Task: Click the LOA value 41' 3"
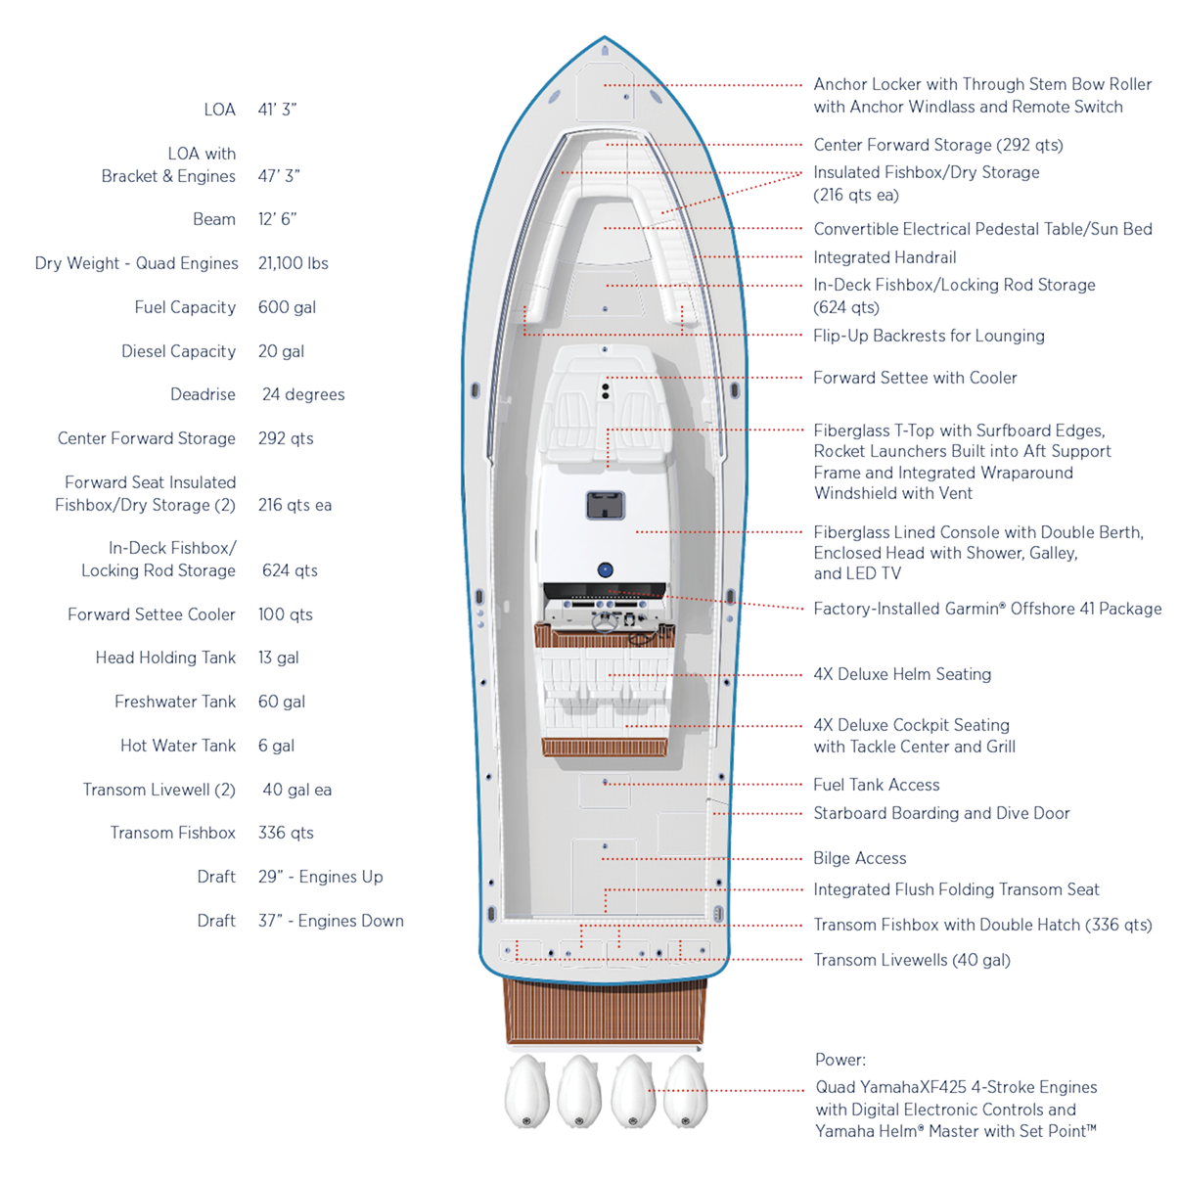(x=277, y=110)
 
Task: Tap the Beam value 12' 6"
(x=277, y=219)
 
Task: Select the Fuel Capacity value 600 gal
(x=287, y=307)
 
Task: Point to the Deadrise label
(x=203, y=394)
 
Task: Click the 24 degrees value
(x=303, y=394)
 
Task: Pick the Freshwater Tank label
(x=175, y=702)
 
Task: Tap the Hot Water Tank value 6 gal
(x=276, y=746)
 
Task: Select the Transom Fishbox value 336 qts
(x=286, y=833)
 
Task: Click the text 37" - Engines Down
(x=331, y=921)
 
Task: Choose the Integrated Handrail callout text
(x=885, y=257)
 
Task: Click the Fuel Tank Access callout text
(x=876, y=785)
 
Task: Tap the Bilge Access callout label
(x=859, y=858)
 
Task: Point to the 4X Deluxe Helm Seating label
(x=902, y=674)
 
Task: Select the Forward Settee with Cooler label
(x=915, y=378)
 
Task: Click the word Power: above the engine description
(x=840, y=1060)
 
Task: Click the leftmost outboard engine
(x=526, y=1090)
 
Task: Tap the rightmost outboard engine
(x=685, y=1090)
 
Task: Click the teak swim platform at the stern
(x=605, y=1011)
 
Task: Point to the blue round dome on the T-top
(x=606, y=569)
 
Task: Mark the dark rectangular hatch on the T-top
(x=606, y=505)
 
